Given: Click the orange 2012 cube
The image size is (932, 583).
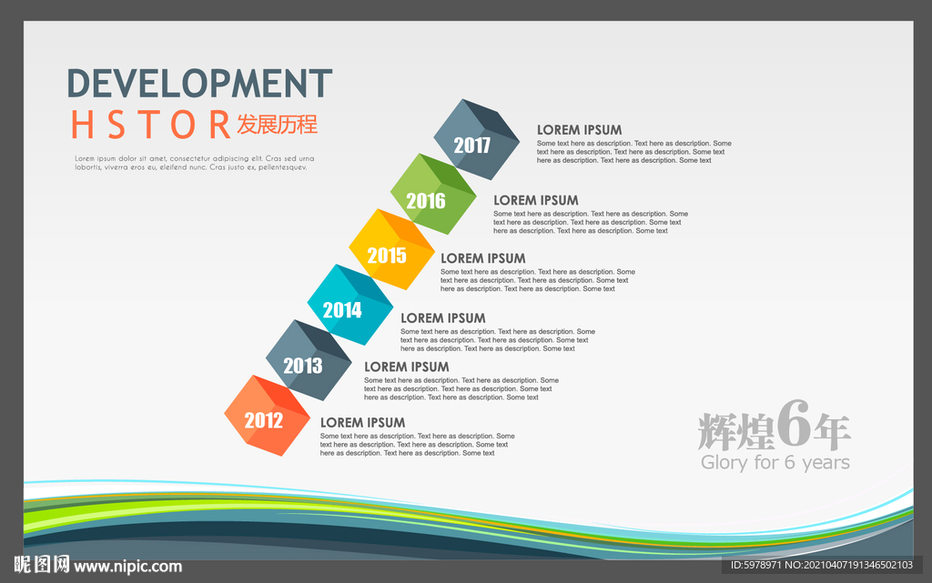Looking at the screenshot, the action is (267, 416).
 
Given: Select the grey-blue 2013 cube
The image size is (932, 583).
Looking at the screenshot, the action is (309, 360).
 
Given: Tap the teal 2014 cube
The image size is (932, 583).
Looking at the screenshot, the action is (350, 305).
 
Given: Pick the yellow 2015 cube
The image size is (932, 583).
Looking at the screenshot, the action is (391, 249).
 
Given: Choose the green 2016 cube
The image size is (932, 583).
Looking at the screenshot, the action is (433, 194).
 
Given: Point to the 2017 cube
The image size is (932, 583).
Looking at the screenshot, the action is (477, 139).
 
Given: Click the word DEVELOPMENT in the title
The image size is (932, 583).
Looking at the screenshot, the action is (199, 83).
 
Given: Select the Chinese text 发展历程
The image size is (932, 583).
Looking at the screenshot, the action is (277, 125).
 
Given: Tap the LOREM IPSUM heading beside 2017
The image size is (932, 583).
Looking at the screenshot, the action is (580, 130).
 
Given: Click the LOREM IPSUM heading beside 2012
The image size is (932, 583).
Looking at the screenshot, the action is (362, 423).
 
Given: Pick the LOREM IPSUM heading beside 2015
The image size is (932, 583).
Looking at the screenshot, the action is (483, 258).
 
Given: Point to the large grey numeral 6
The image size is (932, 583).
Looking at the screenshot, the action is (794, 423).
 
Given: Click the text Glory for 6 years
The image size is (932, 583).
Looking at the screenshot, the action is (775, 462).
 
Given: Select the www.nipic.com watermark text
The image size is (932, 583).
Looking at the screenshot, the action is (127, 567).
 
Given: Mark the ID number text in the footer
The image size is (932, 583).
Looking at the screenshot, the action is (822, 565).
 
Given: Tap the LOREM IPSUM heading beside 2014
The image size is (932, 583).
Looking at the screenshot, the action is (443, 318).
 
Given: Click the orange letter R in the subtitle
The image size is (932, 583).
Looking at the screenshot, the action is (220, 125).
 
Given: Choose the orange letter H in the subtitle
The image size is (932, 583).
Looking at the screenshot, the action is (82, 125).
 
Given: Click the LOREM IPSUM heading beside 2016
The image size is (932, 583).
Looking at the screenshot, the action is (535, 201).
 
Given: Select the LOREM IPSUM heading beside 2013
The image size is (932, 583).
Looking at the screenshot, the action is (407, 367).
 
